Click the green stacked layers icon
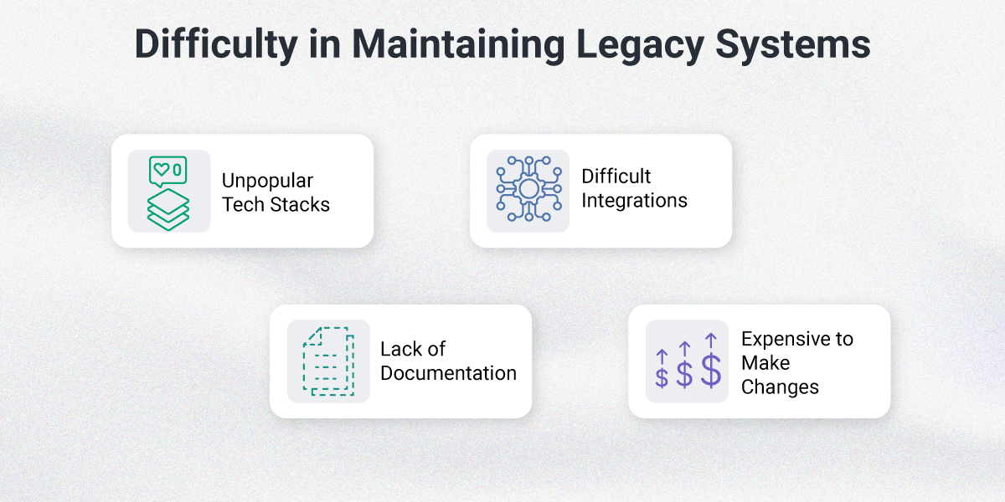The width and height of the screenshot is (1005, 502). [168, 209]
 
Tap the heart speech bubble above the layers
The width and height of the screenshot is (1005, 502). [167, 171]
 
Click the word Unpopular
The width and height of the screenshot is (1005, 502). [267, 181]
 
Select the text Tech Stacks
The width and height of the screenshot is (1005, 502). [276, 204]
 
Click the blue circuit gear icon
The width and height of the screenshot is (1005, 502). [528, 190]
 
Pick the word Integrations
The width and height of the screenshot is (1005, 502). [634, 201]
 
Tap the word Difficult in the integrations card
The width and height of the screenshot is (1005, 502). [616, 177]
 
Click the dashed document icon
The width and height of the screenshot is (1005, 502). [327, 361]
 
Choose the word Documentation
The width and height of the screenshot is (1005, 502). [448, 373]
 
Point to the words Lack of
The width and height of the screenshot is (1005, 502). [413, 349]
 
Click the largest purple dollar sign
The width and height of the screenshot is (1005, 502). [710, 371]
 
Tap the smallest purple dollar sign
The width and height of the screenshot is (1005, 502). [662, 377]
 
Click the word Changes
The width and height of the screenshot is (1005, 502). [780, 387]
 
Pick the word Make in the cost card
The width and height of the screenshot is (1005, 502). [765, 363]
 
